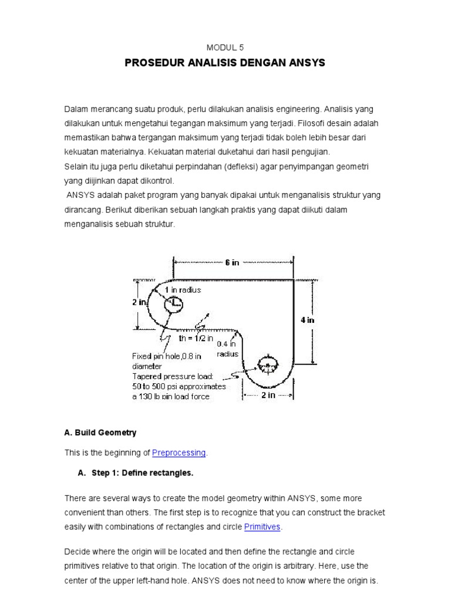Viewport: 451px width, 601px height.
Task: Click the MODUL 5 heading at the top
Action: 225,49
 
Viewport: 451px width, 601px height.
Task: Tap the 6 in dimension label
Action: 233,263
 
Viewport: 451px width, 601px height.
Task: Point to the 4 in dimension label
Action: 307,320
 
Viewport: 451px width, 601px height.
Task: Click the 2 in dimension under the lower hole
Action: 268,396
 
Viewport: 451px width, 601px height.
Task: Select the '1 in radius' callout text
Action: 183,290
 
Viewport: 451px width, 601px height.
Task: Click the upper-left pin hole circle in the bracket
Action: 173,304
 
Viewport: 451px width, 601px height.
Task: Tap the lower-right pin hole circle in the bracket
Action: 267,366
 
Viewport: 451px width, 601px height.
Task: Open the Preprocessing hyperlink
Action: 179,453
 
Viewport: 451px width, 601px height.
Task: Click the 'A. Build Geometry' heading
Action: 100,433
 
